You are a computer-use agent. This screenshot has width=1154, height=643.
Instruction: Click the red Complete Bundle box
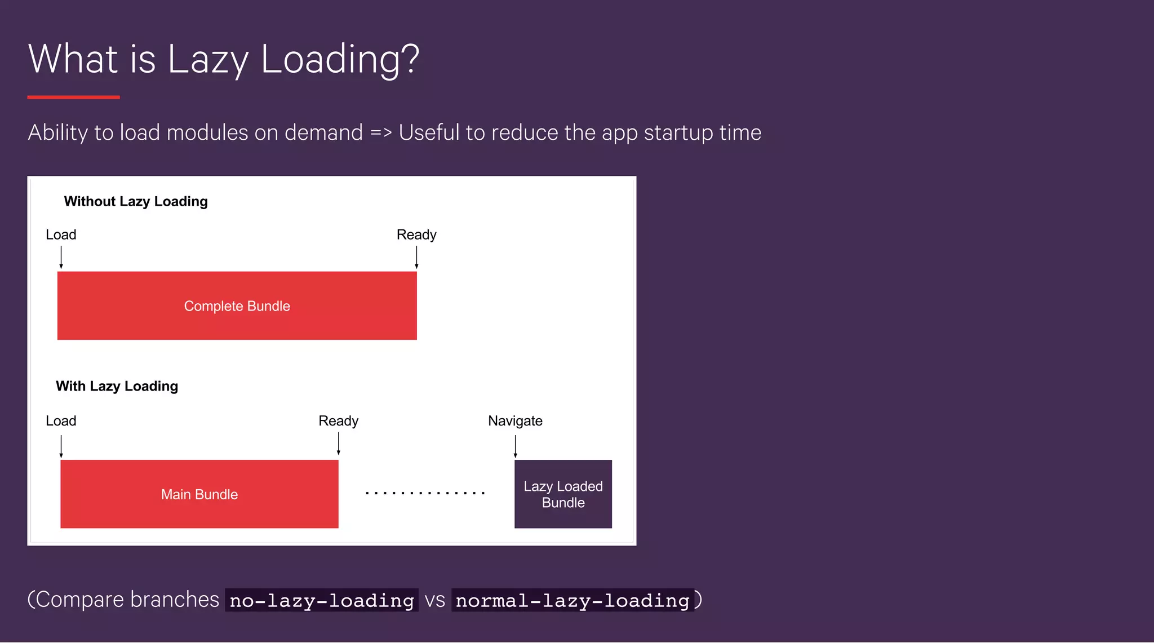coord(237,305)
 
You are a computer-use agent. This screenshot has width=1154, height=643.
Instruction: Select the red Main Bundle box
coord(199,494)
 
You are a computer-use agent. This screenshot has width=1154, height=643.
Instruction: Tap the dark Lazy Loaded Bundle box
coord(563,494)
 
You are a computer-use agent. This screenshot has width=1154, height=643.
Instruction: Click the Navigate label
coord(515,421)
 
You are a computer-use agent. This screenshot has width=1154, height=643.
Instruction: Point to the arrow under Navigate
coord(515,446)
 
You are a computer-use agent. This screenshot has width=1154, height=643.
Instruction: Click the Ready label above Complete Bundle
coord(416,234)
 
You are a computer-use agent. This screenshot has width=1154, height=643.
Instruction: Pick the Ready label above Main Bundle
coord(338,421)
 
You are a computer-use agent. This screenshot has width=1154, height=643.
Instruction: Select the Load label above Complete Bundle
coord(61,234)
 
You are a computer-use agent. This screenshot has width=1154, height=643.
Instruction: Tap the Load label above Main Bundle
coord(61,421)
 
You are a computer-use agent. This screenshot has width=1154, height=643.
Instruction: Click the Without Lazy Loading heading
coord(136,201)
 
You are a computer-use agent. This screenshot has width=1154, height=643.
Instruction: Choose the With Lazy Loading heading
coord(117,386)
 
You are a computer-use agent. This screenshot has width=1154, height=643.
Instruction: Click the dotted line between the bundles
coord(425,493)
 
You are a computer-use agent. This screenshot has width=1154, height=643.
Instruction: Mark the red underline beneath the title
coord(73,97)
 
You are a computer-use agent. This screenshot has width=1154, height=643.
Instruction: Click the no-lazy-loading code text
coord(322,600)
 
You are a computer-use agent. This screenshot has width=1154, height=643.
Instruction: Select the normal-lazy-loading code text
coord(572,600)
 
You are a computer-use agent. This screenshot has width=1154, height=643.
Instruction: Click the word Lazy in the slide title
coord(208,60)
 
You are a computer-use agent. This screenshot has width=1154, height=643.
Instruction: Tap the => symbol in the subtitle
coord(381,133)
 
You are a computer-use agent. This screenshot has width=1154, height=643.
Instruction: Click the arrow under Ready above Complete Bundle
coord(416,258)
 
